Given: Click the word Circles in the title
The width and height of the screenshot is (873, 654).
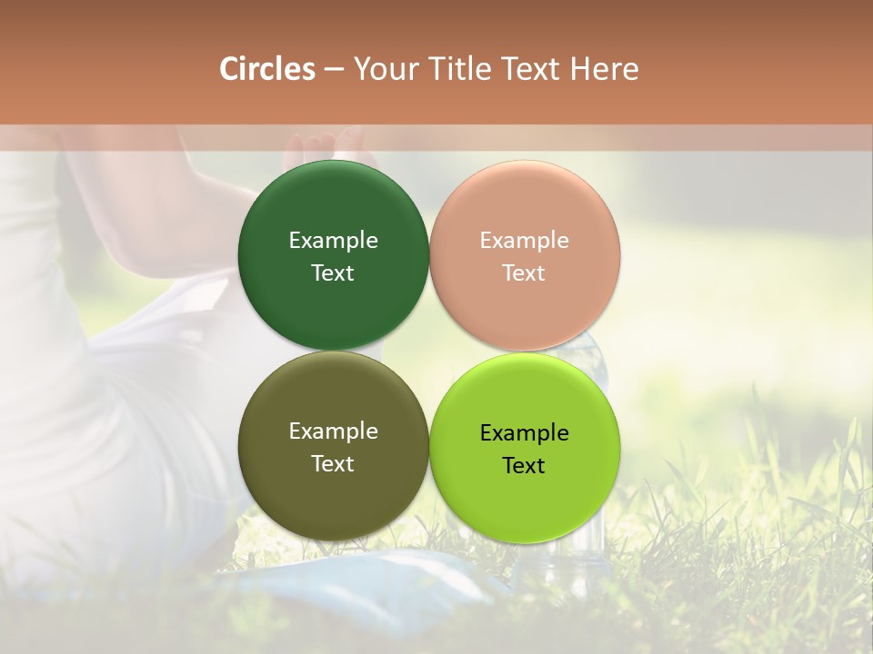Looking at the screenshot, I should coord(266,69).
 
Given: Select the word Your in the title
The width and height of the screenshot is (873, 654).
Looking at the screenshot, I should coord(383,69).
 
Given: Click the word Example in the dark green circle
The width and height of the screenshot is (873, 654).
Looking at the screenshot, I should coord(333,240).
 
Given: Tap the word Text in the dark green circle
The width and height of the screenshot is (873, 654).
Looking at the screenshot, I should coord(333,272).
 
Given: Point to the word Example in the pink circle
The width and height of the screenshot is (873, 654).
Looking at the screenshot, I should coord(524,240).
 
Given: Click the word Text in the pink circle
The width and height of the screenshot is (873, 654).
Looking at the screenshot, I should coord(524,272).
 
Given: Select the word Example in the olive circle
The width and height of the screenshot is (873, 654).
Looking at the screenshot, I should coord(333,431).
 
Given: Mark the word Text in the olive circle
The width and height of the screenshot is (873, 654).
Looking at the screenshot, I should coord(333,463).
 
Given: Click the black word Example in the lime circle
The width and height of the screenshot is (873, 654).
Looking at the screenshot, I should coord(524,432).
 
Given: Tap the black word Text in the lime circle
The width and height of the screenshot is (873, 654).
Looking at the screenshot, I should coord(524,465).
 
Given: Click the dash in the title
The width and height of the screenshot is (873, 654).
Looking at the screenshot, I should coord(334,70).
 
